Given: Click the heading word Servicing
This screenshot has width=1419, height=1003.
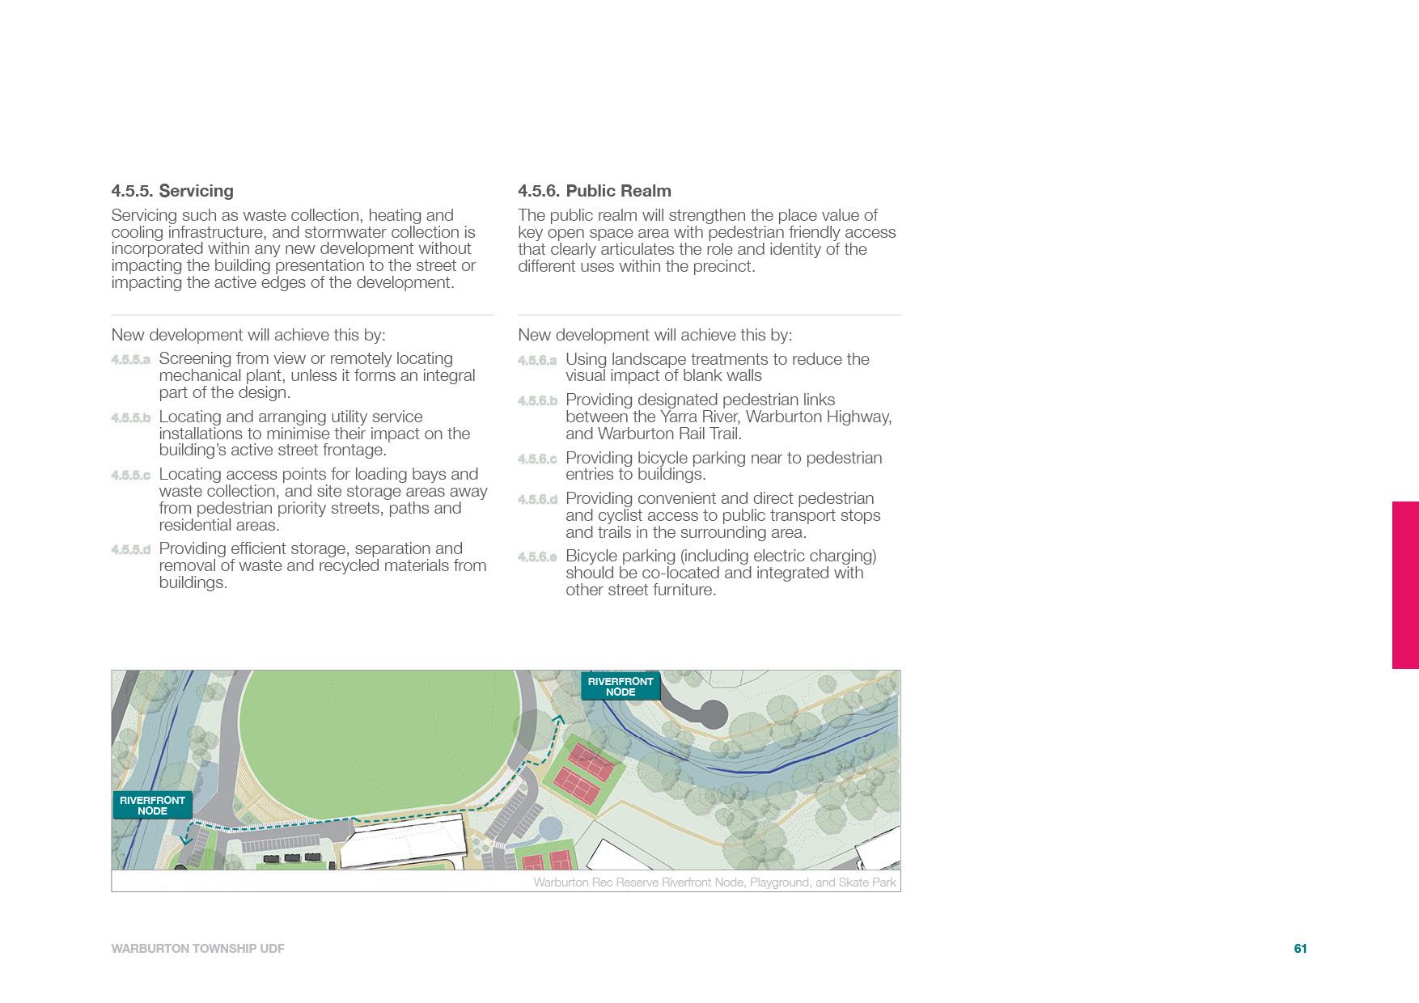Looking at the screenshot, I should pyautogui.click(x=196, y=191).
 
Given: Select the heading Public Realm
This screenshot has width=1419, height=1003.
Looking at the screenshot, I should pyautogui.click(x=618, y=191).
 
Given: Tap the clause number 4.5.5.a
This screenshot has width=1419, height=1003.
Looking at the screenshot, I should pyautogui.click(x=130, y=359).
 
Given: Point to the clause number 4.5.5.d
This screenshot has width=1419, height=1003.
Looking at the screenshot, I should pyautogui.click(x=130, y=550).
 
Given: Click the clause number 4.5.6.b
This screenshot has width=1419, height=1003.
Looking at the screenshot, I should pyautogui.click(x=537, y=401).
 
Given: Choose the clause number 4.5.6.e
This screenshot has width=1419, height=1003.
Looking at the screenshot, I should pyautogui.click(x=537, y=557).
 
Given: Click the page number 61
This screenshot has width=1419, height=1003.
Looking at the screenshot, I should pyautogui.click(x=1300, y=949).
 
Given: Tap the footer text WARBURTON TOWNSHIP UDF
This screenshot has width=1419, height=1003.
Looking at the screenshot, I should pyautogui.click(x=197, y=949).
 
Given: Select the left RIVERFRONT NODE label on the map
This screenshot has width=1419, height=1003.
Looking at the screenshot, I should pyautogui.click(x=152, y=805).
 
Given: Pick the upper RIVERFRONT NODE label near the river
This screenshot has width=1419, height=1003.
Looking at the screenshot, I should pyautogui.click(x=620, y=687).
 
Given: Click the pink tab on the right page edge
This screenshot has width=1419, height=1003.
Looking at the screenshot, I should pyautogui.click(x=1405, y=585).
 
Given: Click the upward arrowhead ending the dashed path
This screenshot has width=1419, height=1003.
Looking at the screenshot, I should pyautogui.click(x=558, y=718).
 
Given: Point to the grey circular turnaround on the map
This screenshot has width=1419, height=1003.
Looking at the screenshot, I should pyautogui.click(x=712, y=715).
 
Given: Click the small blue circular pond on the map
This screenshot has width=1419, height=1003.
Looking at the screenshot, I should pyautogui.click(x=551, y=828).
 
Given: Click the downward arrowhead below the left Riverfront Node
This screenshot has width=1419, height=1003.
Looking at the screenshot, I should pyautogui.click(x=186, y=840).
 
